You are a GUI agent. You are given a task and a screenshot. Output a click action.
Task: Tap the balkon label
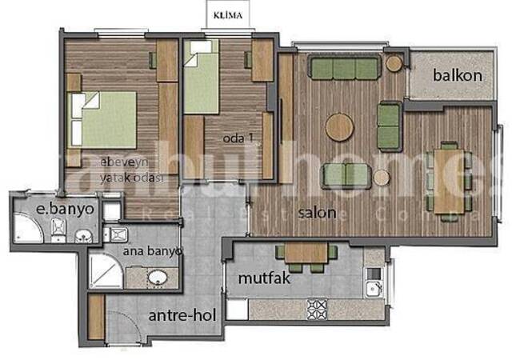click(x=458, y=75)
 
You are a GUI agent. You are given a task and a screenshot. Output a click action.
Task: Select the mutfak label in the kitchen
click(x=262, y=281)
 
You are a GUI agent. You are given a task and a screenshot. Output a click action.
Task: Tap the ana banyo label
click(x=152, y=250)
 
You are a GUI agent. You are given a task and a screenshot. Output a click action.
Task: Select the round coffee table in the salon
click(x=340, y=126)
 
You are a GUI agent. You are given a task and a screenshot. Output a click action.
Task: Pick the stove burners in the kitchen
click(x=318, y=306)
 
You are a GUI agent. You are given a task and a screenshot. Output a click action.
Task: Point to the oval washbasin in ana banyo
click(x=158, y=278)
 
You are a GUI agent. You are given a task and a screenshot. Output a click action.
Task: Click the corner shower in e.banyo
click(x=30, y=231)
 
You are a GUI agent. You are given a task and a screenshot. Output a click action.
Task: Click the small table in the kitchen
click(x=305, y=252)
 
